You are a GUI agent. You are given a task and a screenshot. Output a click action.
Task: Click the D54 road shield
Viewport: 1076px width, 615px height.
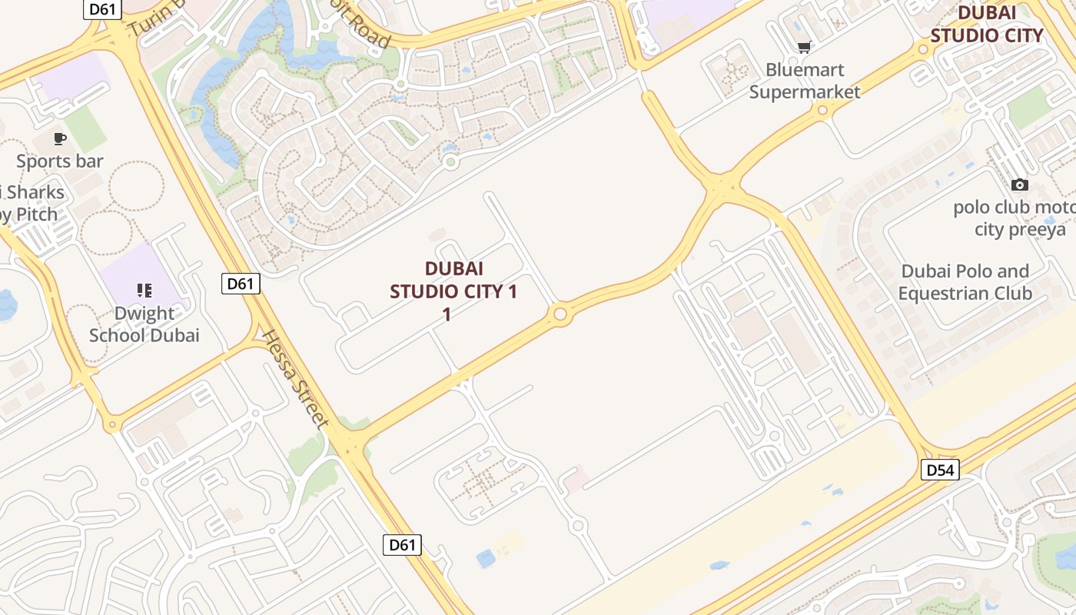tap(940, 469)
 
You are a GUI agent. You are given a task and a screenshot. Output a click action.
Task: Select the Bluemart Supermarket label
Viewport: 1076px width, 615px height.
tap(805, 81)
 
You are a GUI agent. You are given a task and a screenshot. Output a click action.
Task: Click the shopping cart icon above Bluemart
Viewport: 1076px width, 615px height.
tap(804, 48)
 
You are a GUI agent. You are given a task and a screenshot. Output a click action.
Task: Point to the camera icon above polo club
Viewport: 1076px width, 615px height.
tap(1020, 184)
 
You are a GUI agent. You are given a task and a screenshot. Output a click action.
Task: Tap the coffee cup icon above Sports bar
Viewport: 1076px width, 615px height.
tap(60, 139)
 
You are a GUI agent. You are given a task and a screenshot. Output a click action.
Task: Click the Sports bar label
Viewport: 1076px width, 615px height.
tap(60, 161)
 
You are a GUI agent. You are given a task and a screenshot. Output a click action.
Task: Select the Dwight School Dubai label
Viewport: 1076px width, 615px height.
tap(144, 324)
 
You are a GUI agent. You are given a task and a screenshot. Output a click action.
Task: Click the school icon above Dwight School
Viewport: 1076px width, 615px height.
tap(144, 291)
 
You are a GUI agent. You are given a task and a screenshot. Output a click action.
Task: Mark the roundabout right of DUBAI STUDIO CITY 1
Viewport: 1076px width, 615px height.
tap(560, 314)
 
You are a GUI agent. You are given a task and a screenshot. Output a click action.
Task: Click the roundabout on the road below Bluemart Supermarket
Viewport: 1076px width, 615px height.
tap(823, 111)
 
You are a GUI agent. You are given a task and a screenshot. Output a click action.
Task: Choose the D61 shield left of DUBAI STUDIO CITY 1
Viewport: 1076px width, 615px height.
tap(241, 283)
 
